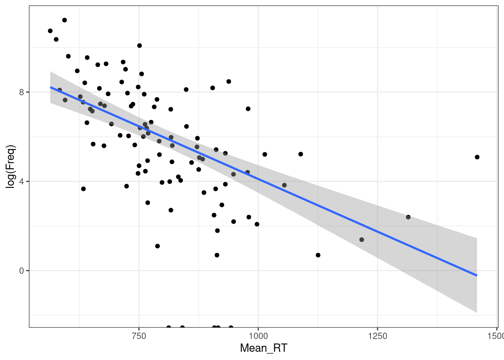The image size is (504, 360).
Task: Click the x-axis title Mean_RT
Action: [263, 348]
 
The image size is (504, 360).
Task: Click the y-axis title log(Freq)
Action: [11, 166]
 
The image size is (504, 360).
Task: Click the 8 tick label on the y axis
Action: [21, 92]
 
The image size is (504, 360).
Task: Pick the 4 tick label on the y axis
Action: [21, 181]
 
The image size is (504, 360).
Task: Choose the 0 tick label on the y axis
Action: [21, 271]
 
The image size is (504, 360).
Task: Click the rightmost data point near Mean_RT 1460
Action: [477, 157]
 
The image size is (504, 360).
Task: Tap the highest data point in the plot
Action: [64, 20]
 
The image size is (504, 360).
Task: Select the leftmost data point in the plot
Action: [50, 31]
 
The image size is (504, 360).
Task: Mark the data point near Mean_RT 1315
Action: [408, 217]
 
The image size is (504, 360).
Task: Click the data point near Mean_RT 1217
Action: [361, 240]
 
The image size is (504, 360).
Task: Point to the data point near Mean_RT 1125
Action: [318, 255]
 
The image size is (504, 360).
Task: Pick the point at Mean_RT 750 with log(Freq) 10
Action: [139, 46]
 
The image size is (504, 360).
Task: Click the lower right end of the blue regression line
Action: [477, 275]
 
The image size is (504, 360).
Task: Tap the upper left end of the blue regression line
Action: [51, 87]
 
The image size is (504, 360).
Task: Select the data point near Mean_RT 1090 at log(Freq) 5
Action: [300, 154]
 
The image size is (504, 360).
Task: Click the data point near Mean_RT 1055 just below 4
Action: [284, 185]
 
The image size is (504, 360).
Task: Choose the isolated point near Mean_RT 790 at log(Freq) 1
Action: [157, 246]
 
